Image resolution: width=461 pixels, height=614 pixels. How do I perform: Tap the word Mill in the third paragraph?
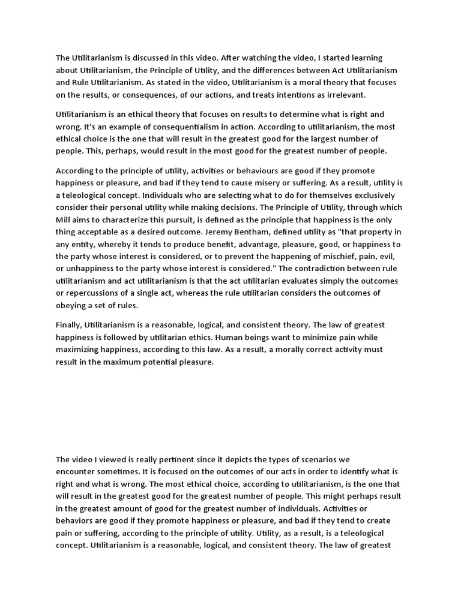tap(65, 219)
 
